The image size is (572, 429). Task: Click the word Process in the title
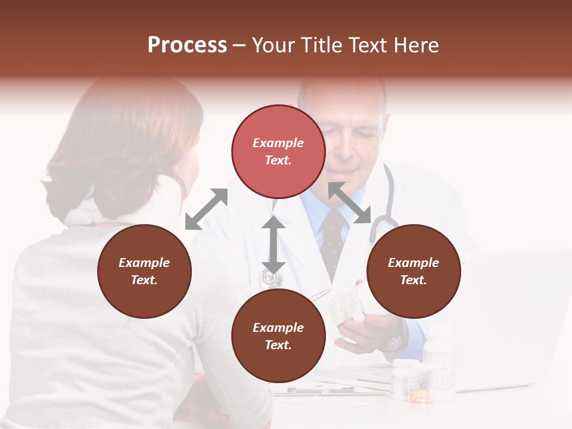point(187,45)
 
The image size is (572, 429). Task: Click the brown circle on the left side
point(144,271)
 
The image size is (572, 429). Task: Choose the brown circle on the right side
point(414,271)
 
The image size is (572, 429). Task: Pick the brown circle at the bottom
point(278,336)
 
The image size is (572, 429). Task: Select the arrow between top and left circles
point(206,209)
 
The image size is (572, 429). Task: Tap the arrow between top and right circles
point(349,203)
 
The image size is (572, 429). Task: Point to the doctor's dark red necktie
point(332,238)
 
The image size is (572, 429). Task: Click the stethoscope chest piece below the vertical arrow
point(270,278)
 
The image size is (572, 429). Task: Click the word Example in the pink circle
point(278,143)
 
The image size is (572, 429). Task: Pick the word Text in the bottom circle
point(278,345)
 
